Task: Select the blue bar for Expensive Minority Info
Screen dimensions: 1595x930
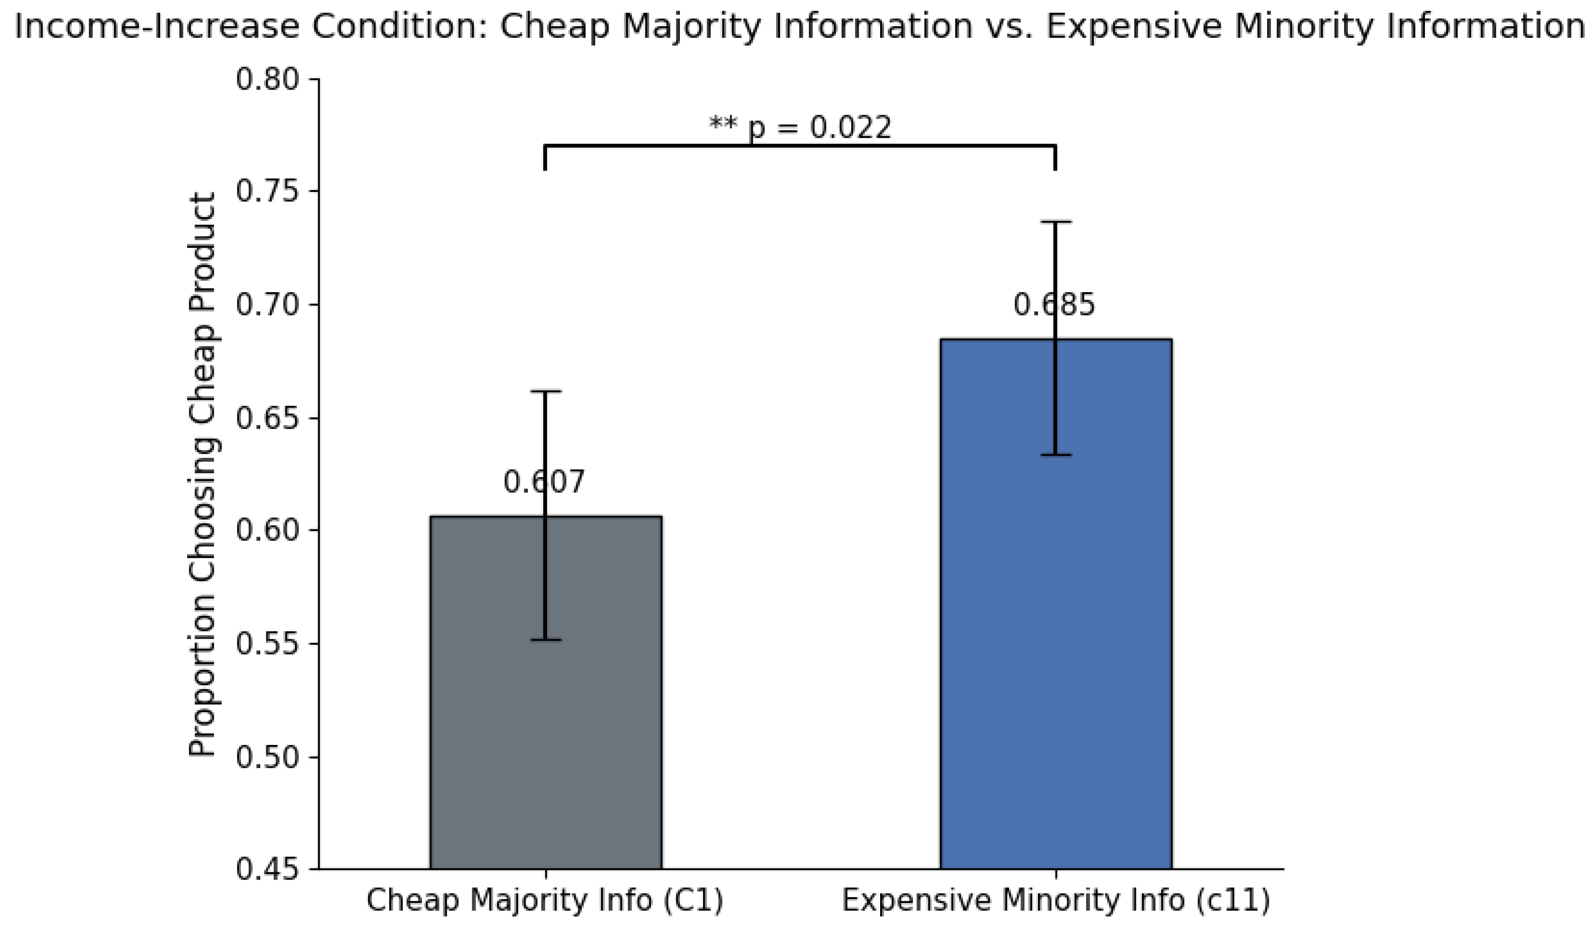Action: (1056, 604)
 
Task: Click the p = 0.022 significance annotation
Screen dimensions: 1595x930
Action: (801, 127)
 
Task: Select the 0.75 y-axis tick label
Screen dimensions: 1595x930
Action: (268, 192)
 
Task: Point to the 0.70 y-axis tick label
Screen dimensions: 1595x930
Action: (268, 305)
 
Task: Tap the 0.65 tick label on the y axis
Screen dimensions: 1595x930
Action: (268, 418)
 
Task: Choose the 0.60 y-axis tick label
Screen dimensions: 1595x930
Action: (268, 531)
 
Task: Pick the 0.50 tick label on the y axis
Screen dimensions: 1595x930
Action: (268, 756)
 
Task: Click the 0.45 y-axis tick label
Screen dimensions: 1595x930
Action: (268, 869)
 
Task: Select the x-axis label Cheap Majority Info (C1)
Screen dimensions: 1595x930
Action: (545, 901)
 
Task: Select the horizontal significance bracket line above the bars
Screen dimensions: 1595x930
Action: (800, 146)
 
